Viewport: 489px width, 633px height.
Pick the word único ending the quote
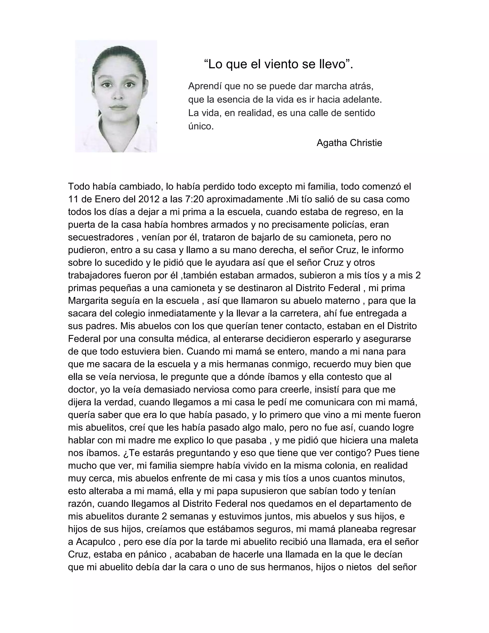pyautogui.click(x=201, y=126)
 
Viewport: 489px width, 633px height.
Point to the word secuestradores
pyautogui.click(x=101, y=237)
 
